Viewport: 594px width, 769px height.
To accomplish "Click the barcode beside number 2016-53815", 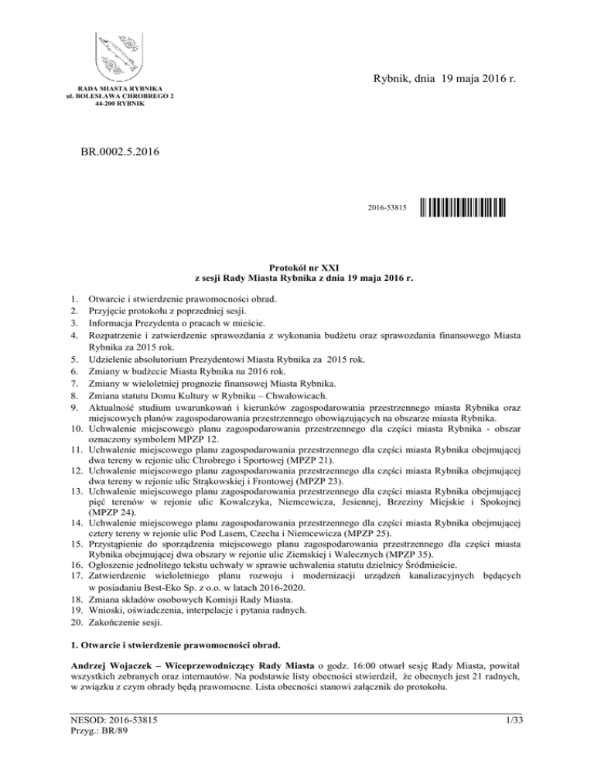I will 463,208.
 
